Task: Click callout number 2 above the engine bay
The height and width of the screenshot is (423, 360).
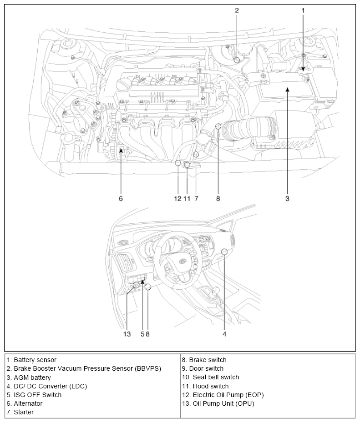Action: click(237, 10)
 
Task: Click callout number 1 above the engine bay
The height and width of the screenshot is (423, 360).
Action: click(303, 10)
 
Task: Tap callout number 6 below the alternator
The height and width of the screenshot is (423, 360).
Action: click(121, 198)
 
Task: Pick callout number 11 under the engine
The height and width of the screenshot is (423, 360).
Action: click(187, 198)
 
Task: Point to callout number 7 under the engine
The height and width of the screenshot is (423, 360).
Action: click(196, 198)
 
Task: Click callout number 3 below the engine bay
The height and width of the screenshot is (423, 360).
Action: click(287, 198)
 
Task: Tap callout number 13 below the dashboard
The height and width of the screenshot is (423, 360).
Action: click(127, 334)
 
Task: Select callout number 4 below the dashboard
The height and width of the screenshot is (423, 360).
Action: click(224, 334)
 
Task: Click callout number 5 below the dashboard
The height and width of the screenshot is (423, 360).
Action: click(142, 334)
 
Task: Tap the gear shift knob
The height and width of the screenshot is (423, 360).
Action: click(214, 290)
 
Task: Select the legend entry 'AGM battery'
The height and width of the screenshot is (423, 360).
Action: click(29, 378)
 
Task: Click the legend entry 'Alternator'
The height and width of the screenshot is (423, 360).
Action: click(25, 403)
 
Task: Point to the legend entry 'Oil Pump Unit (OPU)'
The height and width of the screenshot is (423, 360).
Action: click(218, 403)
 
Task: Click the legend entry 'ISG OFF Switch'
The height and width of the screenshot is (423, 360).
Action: click(34, 395)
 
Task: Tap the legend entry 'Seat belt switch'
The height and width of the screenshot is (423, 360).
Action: click(210, 377)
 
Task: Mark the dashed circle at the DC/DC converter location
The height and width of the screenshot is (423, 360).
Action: click(224, 252)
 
